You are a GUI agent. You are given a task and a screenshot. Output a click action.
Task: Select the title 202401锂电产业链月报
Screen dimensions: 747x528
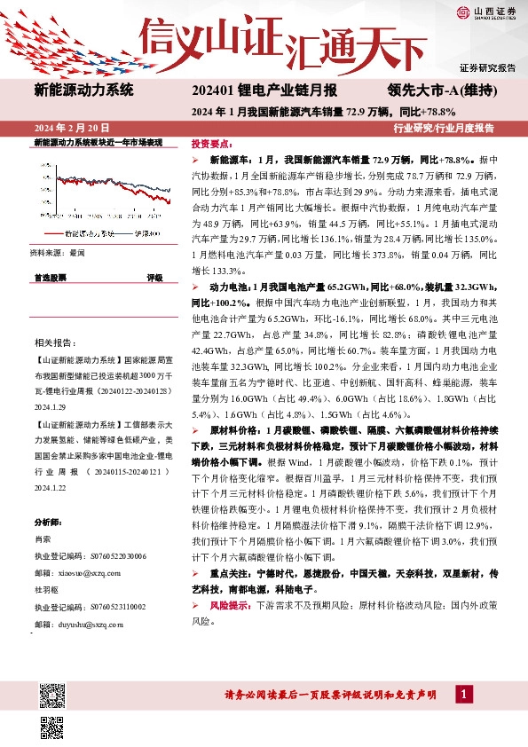(264, 90)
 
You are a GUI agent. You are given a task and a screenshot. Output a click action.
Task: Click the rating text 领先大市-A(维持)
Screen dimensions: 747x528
(434, 90)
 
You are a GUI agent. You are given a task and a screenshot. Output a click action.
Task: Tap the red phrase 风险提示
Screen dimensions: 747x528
(227, 605)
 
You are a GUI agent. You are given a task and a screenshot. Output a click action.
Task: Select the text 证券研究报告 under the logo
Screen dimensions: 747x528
(487, 67)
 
